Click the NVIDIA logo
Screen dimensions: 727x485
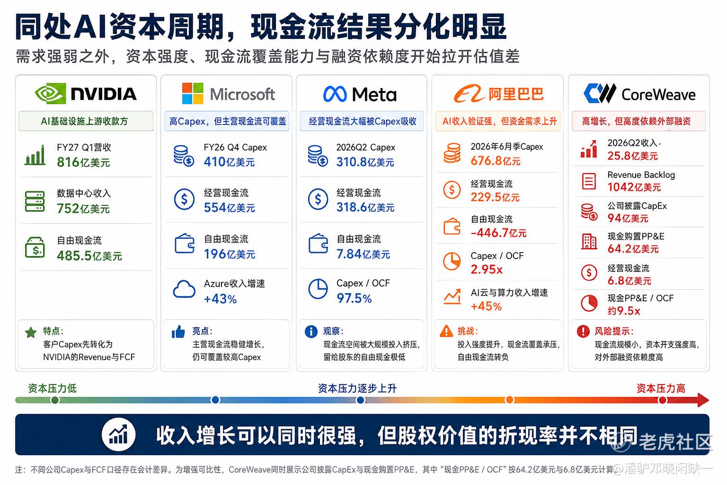click(x=86, y=94)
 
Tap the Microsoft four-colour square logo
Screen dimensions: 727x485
click(x=193, y=94)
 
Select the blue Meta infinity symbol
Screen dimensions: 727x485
click(x=335, y=94)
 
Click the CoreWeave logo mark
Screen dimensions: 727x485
click(x=600, y=93)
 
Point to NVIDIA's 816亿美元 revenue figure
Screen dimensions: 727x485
click(x=83, y=162)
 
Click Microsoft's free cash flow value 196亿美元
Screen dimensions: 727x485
click(x=229, y=254)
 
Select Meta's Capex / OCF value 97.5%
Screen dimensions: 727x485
click(x=354, y=298)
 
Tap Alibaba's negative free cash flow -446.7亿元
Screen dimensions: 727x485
click(x=498, y=233)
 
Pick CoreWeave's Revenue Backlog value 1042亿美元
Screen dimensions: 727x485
click(x=634, y=187)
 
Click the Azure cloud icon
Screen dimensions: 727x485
click(x=184, y=289)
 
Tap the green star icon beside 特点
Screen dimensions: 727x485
click(x=31, y=332)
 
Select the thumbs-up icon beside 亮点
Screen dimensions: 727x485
click(x=178, y=332)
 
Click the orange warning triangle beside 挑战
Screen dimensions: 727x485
click(x=446, y=331)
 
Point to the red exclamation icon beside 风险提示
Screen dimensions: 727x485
click(x=583, y=331)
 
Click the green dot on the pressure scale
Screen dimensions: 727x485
click(x=55, y=400)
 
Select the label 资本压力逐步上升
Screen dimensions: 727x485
click(x=357, y=388)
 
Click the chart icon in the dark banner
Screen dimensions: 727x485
click(x=118, y=434)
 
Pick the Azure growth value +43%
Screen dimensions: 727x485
click(x=220, y=298)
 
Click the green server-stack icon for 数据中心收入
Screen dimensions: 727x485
click(x=35, y=201)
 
